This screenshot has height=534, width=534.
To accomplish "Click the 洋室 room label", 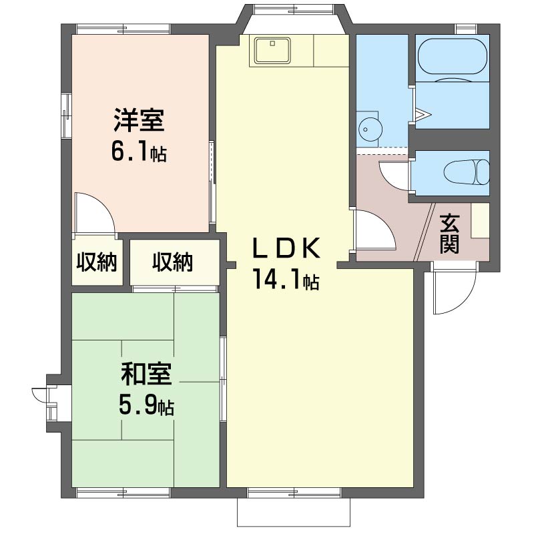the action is (x=139, y=120).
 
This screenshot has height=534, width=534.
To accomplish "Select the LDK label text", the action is (x=286, y=248).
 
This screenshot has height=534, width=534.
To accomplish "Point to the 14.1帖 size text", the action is (x=286, y=279).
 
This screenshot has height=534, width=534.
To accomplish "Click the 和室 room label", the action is (x=146, y=374).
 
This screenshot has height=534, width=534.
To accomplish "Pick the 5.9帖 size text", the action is (x=146, y=405).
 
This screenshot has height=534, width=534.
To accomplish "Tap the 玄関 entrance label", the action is (x=449, y=234).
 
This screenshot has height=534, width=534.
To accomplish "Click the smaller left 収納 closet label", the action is (x=97, y=262).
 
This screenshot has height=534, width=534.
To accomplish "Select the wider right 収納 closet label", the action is (x=173, y=262).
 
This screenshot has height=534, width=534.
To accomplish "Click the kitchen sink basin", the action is (x=272, y=51).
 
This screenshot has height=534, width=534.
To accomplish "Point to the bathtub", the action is (x=452, y=56).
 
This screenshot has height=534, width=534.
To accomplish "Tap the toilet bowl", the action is (x=467, y=172).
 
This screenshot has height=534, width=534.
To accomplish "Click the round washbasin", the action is (x=370, y=129).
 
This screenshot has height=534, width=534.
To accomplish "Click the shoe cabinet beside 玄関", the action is (x=480, y=220).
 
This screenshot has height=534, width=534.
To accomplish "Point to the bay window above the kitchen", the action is (x=294, y=19).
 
